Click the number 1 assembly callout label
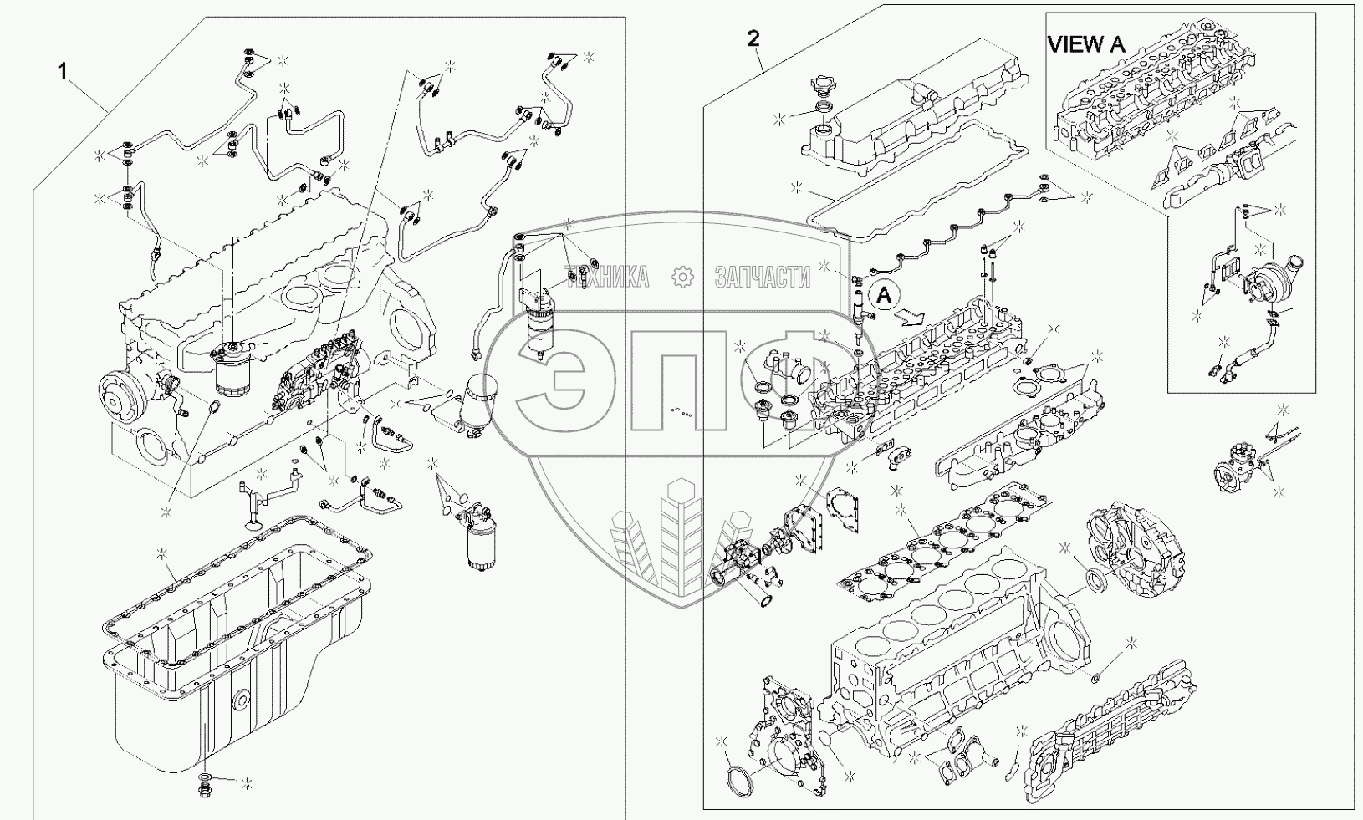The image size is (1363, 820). point(62,71)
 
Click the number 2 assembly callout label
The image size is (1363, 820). point(753,38)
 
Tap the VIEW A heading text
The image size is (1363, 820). point(1086,44)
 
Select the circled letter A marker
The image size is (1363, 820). point(885,294)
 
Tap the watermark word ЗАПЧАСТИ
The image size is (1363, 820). point(762,277)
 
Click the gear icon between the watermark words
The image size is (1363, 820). point(682,277)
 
